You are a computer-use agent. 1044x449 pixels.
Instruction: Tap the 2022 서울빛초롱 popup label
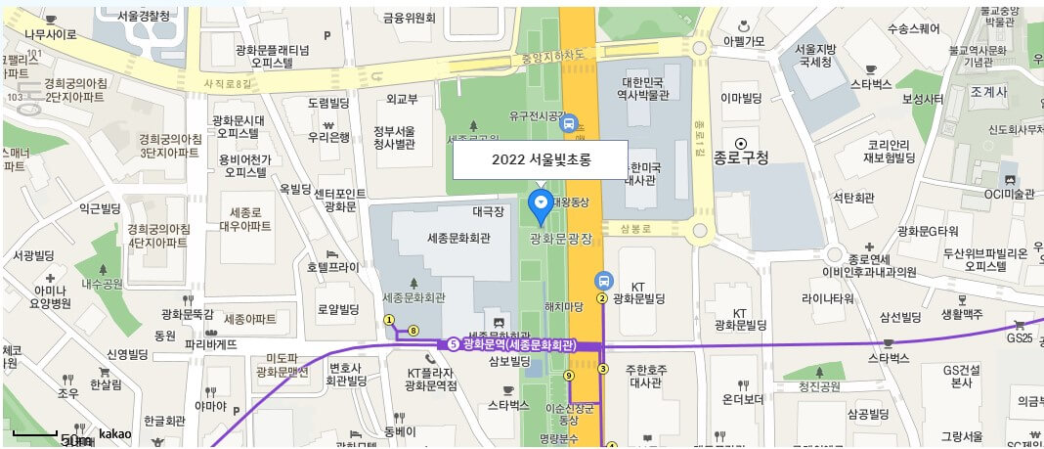click(540, 159)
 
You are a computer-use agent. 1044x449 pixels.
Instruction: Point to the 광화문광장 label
click(561, 238)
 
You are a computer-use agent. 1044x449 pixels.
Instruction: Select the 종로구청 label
click(742, 157)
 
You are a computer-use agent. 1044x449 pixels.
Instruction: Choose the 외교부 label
click(402, 99)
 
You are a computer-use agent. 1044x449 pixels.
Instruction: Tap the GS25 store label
click(1019, 337)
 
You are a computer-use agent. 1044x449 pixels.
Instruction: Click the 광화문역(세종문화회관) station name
click(519, 344)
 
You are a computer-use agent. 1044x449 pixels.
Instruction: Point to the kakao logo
click(115, 433)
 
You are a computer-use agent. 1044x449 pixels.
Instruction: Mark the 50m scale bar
click(36, 432)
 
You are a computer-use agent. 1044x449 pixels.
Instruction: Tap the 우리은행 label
click(329, 137)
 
